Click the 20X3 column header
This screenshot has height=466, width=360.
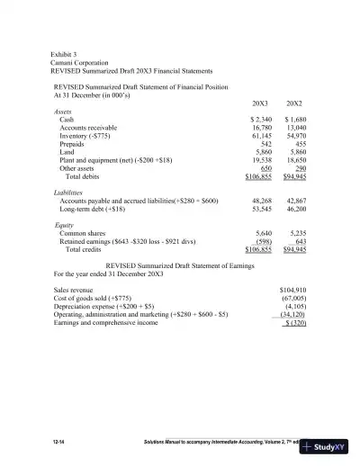click(x=260, y=103)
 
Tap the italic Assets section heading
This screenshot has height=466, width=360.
click(x=64, y=111)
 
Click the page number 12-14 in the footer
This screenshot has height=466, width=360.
click(x=61, y=444)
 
